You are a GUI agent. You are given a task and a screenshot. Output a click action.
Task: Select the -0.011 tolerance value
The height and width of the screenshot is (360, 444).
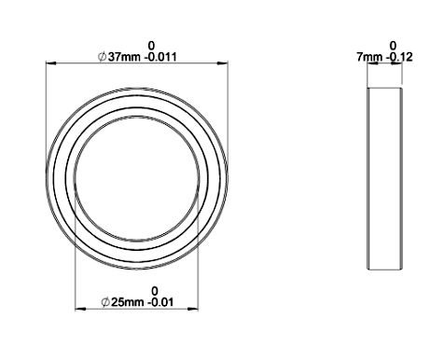click(161, 57)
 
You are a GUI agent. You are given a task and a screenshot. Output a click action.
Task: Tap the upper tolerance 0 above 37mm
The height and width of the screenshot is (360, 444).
click(151, 46)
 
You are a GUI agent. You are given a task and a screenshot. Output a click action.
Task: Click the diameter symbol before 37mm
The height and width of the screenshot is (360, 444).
click(102, 57)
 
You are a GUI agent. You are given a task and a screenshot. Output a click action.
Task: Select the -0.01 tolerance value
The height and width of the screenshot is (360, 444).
click(160, 302)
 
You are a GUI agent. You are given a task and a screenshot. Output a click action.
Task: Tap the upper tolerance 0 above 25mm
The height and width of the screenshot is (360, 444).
click(155, 291)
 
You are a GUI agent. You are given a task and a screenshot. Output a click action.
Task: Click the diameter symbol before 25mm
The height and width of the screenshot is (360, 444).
click(105, 302)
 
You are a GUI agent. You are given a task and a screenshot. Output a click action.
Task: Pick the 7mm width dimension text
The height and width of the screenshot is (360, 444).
click(369, 57)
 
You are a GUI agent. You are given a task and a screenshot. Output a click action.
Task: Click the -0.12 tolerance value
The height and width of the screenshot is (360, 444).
click(399, 57)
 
